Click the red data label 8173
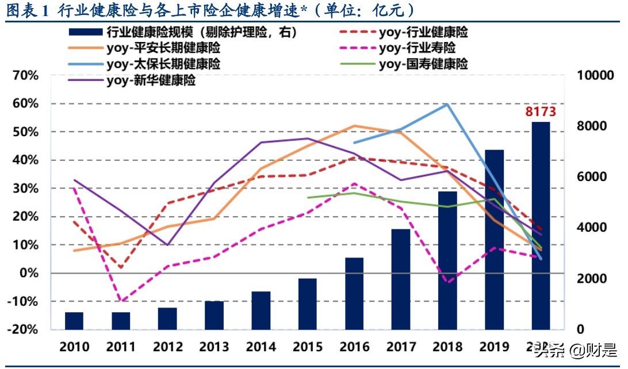540,112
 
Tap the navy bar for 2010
74,321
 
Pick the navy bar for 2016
354,293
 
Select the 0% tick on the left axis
28,273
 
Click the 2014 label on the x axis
261,347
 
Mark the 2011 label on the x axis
121,347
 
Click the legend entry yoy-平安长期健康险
163,48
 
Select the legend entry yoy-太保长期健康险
163,64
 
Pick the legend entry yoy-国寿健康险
423,64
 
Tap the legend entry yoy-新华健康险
151,80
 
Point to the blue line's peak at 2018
447,104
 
